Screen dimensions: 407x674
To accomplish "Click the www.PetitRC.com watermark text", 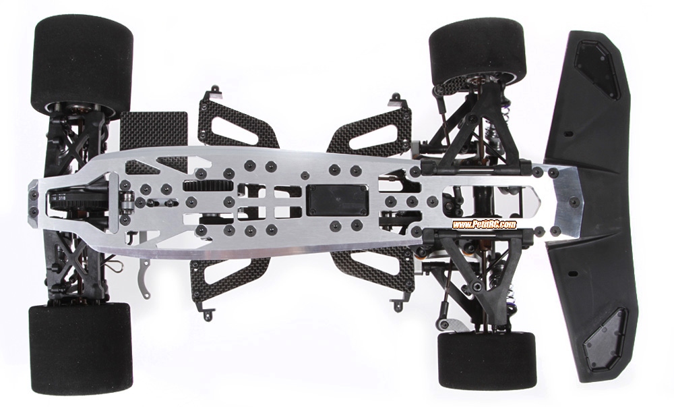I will pyautogui.click(x=484, y=224).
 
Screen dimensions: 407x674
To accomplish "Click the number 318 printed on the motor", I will pyautogui.click(x=60, y=200).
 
